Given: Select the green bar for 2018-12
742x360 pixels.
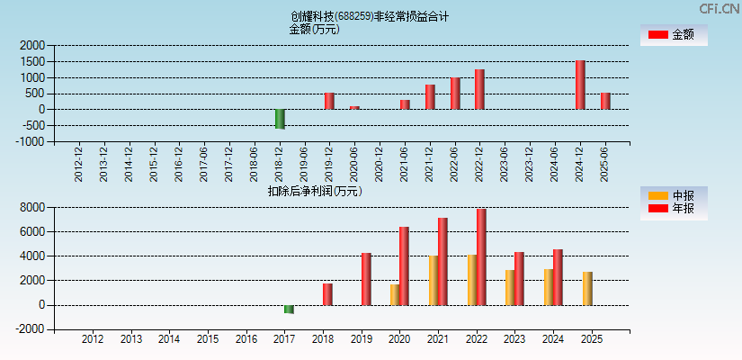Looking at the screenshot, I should point(280,119).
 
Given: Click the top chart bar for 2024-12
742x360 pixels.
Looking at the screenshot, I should point(580,85).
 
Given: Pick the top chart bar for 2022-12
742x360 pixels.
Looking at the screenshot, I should point(479,89).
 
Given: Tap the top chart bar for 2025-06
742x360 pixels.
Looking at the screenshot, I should point(605,101).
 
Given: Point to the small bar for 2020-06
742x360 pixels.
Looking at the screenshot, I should point(354,107).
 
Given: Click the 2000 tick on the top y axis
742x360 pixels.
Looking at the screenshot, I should point(32,45).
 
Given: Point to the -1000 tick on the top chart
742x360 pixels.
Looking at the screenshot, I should point(31,141).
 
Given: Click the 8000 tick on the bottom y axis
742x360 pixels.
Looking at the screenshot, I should point(32,207).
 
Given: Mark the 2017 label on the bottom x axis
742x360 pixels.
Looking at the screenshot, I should point(284,340).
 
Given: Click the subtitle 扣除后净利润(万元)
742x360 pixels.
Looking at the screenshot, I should point(315,191).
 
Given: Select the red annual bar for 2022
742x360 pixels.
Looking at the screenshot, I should point(481,256).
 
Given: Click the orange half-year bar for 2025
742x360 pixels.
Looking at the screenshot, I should point(587,288).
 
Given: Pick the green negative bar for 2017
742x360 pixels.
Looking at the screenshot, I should point(289,309).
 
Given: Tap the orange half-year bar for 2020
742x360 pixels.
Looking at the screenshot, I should point(395,294).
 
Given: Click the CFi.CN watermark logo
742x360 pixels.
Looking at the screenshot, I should point(720,9).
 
